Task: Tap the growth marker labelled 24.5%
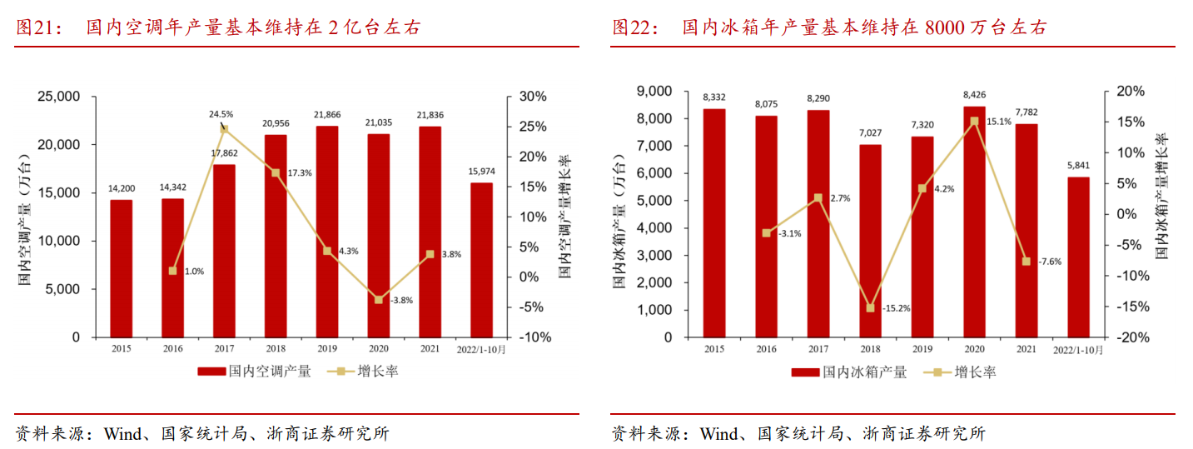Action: coord(224,129)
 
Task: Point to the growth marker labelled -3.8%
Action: coord(379,300)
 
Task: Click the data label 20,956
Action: coord(276,123)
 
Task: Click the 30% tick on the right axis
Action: coord(533,97)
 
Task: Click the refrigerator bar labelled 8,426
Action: coord(974,222)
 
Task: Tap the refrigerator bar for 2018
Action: coord(870,241)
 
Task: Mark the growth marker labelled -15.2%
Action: coord(871,308)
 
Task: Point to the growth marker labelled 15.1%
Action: coord(974,122)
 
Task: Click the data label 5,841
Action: coord(1077,166)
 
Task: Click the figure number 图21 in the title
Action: coord(35,28)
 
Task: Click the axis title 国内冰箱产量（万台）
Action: coord(619,221)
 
